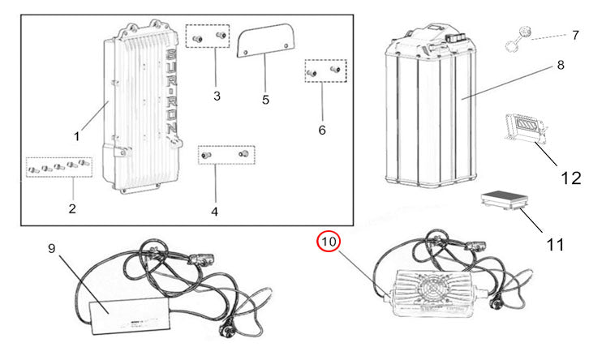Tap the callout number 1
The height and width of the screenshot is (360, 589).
click(77, 136)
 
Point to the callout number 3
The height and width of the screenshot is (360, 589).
click(217, 96)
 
